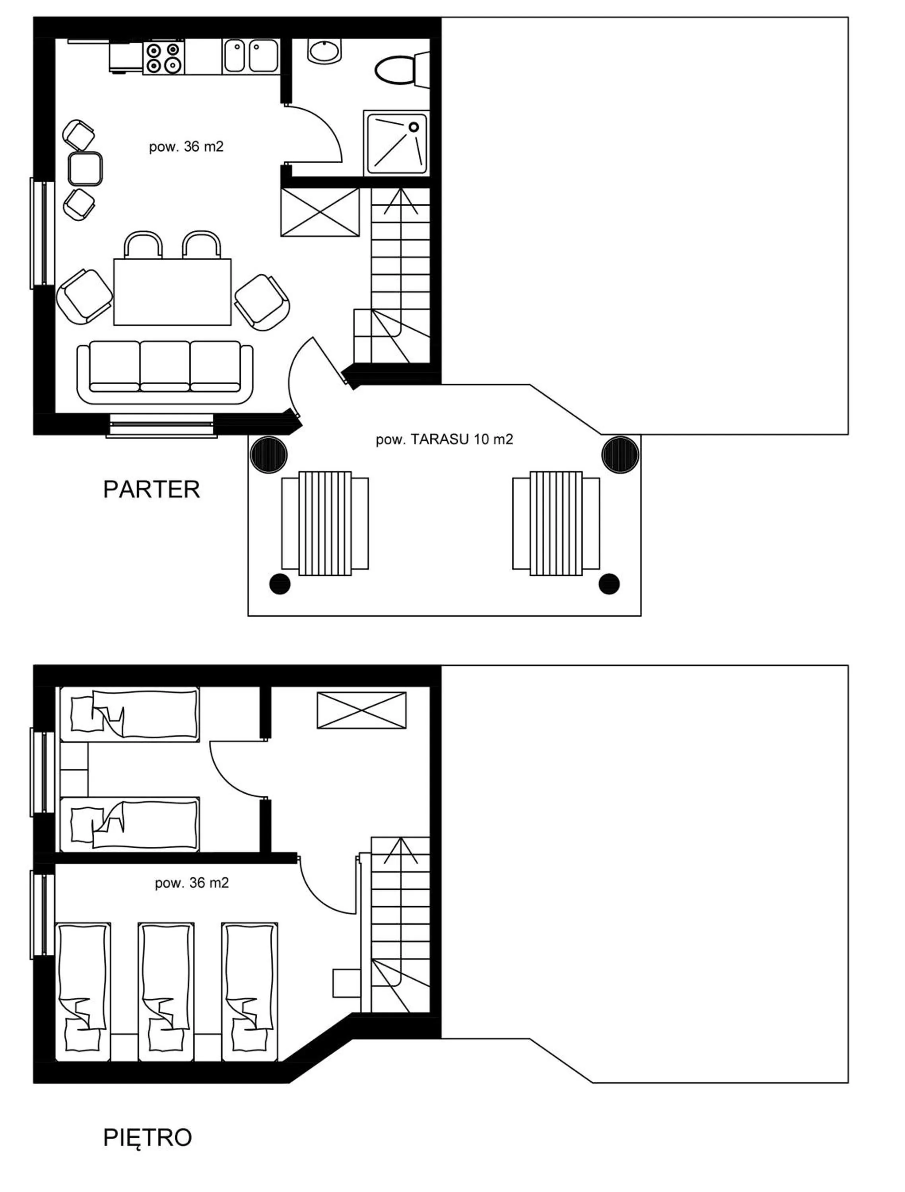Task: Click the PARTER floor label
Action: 151,489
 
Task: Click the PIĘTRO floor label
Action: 147,1138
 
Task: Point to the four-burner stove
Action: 163,57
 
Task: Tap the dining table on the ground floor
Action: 172,292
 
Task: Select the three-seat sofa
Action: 165,371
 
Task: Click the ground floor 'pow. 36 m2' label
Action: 186,147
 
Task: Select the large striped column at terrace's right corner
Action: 620,454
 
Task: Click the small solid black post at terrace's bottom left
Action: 280,584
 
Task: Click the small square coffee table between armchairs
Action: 85,169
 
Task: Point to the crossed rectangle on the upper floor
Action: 361,710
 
